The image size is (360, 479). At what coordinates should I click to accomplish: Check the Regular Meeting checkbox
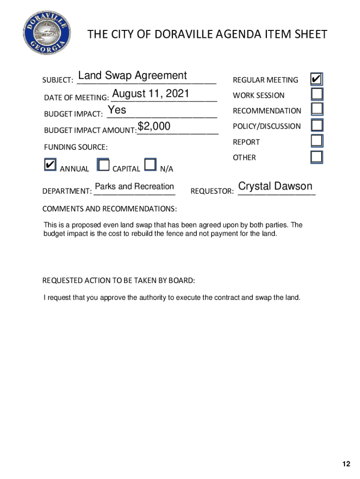[x=317, y=79]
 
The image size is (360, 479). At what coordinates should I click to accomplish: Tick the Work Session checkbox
[x=317, y=94]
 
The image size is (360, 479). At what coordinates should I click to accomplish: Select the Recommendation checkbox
[x=317, y=109]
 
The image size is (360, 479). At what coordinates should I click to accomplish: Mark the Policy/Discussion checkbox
[x=317, y=125]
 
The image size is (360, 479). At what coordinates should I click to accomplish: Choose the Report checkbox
[x=317, y=141]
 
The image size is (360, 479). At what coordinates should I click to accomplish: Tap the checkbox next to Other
[x=317, y=156]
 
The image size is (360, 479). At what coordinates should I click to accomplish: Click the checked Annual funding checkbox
[x=50, y=165]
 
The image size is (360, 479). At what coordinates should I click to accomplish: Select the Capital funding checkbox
[x=103, y=165]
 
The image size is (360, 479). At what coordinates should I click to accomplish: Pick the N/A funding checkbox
[x=150, y=165]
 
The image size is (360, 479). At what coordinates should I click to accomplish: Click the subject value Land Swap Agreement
[x=133, y=76]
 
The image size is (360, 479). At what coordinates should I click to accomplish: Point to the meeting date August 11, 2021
[x=151, y=94]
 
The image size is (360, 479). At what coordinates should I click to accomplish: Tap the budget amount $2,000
[x=154, y=126]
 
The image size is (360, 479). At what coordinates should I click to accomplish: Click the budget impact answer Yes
[x=117, y=110]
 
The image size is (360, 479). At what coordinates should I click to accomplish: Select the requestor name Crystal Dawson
[x=275, y=186]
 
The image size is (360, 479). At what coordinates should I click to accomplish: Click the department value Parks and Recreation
[x=134, y=187]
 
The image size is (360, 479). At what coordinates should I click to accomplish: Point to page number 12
[x=346, y=464]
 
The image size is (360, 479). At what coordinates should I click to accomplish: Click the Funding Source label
[x=76, y=147]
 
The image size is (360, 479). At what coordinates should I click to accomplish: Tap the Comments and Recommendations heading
[x=109, y=208]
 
